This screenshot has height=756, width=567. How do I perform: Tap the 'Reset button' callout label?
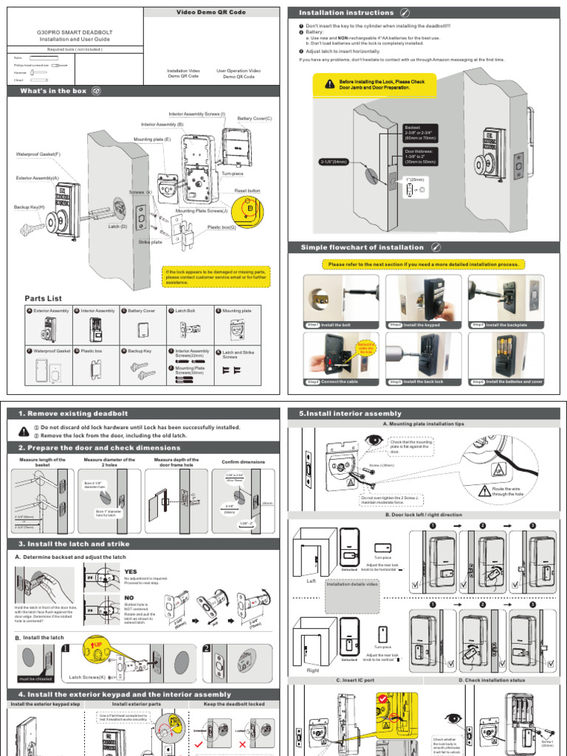tap(247, 190)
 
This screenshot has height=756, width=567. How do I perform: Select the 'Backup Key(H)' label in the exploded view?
tap(30, 207)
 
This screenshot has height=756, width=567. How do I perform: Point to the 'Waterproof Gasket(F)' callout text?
tap(38, 154)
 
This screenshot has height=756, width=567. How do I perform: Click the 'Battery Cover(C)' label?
tap(255, 118)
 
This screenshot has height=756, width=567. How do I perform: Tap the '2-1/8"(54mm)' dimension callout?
tap(334, 162)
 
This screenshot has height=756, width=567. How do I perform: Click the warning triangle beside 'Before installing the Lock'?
tap(329, 86)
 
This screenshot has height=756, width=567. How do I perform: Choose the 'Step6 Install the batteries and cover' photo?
tap(506, 359)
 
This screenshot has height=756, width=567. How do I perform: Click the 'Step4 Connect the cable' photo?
tap(340, 359)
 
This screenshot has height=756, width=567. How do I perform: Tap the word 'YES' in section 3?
tap(131, 571)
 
